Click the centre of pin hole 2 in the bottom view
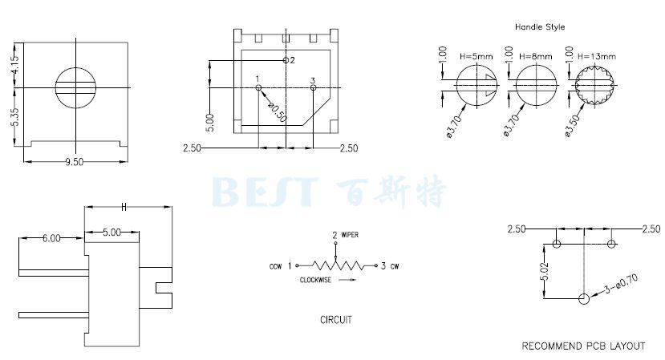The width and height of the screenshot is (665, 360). click(286, 60)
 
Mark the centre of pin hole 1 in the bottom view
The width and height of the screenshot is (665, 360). click(258, 87)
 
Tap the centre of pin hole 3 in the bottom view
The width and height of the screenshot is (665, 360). click(313, 87)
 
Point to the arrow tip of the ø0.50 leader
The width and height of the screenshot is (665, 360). click(261, 90)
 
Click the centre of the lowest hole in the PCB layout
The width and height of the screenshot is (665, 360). click(584, 299)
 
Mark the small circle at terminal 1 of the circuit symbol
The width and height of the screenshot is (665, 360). click(297, 266)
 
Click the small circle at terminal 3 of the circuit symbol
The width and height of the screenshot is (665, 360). click(375, 266)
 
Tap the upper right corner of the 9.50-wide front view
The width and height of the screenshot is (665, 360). click(128, 42)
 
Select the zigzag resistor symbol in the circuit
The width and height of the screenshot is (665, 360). click(338, 266)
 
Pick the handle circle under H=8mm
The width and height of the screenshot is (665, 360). click(536, 86)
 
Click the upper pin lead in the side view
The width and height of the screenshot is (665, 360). click(54, 273)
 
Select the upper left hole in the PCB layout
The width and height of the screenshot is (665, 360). click(557, 244)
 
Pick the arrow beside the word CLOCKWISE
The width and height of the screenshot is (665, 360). click(347, 280)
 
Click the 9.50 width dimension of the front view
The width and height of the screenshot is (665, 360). click(75, 161)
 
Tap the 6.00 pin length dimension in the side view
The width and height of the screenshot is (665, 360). click(51, 238)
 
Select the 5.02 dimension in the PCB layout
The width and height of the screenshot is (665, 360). click(545, 271)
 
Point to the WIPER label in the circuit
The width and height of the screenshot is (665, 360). click(350, 235)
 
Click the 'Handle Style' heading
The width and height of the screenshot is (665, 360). click(540, 26)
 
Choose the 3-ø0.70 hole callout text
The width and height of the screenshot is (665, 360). click(621, 284)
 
